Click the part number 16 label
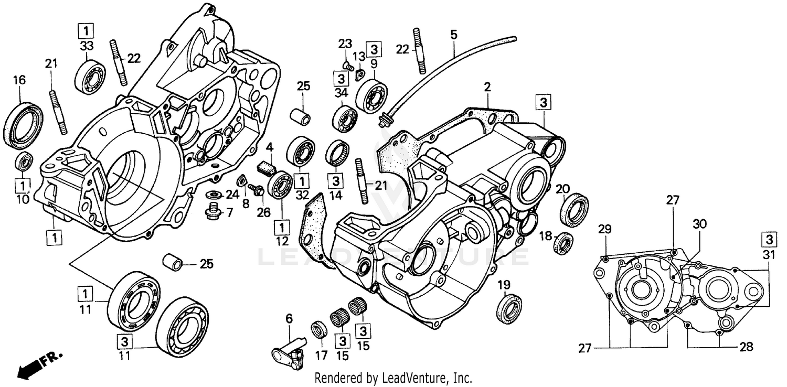19,80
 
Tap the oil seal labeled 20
575,208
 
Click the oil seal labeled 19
509,309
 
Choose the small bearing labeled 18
565,242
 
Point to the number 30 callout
700,224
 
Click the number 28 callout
746,347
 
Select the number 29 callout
605,229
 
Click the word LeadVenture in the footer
421,378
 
